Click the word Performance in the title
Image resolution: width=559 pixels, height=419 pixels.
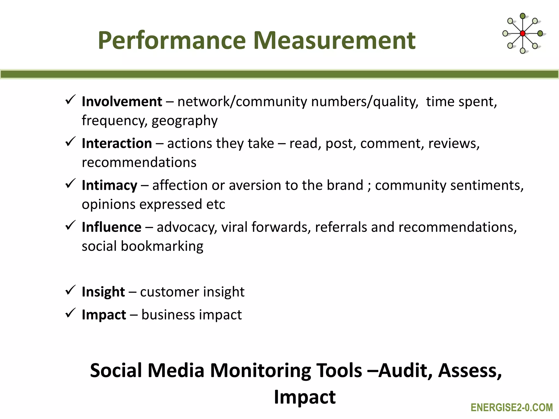172,41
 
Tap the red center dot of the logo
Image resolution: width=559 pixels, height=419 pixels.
522,34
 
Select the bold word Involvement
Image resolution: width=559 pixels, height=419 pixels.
122,102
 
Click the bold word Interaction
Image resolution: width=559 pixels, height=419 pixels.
117,143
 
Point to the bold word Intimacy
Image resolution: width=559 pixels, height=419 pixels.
109,185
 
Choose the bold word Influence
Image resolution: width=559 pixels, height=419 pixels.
112,227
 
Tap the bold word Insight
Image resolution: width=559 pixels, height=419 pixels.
103,292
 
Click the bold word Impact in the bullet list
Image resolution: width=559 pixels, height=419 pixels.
104,315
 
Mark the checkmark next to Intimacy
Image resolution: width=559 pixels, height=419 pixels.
70,183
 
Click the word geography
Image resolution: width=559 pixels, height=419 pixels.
185,121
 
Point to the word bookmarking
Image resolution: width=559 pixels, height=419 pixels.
162,246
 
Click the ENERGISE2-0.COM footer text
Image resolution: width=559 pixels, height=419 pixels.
512,408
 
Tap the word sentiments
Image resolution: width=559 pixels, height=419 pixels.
487,185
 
